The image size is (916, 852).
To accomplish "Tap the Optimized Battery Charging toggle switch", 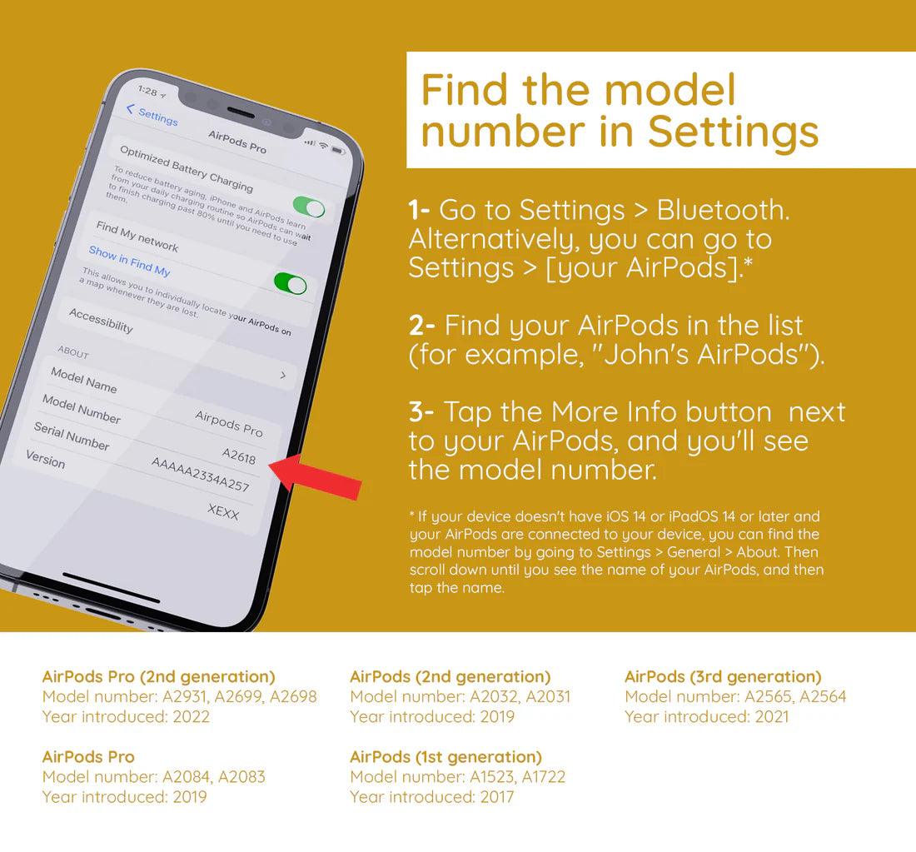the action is click(x=309, y=207).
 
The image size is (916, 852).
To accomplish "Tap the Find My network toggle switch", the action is click(x=291, y=283).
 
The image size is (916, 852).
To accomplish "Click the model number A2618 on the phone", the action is click(x=239, y=456).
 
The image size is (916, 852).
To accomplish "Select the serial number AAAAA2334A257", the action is click(x=201, y=474).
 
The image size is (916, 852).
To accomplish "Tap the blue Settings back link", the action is click(x=152, y=115).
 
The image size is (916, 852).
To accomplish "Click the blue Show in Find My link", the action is click(x=130, y=262).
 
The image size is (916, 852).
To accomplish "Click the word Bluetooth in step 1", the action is click(x=723, y=210).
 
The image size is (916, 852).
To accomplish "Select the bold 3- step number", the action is click(x=421, y=411).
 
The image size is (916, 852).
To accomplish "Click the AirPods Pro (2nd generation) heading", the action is click(x=159, y=677).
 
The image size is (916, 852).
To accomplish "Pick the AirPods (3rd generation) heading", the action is click(x=723, y=677).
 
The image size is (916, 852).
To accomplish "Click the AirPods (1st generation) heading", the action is click(x=446, y=757).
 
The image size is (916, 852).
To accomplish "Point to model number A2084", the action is click(x=187, y=776).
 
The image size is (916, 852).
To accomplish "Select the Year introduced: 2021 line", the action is click(x=707, y=716).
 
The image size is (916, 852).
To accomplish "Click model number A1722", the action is click(x=543, y=776).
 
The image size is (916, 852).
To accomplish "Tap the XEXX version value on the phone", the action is click(x=223, y=511).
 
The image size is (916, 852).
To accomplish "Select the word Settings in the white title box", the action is click(x=733, y=131).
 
